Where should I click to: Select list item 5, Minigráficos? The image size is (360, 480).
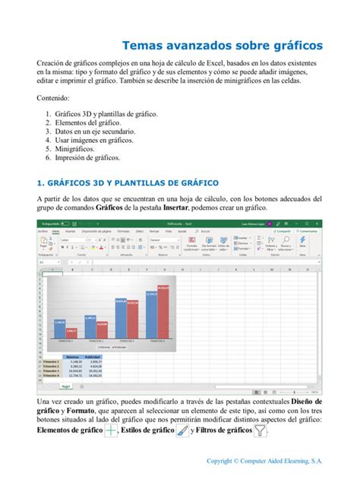pyautogui.click(x=81, y=149)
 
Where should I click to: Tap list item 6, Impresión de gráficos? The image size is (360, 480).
pyautogui.click(x=87, y=158)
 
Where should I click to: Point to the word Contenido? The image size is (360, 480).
pyautogui.click(x=53, y=99)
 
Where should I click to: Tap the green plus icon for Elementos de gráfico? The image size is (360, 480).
pyautogui.click(x=111, y=431)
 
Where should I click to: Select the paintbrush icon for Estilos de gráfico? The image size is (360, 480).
pyautogui.click(x=182, y=431)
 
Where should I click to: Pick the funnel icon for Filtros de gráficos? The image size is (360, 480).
pyautogui.click(x=261, y=431)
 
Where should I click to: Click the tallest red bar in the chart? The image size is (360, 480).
pyautogui.click(x=164, y=311)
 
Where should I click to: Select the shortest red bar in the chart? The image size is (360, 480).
pyautogui.click(x=71, y=331)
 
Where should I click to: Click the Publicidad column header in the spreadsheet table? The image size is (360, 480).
pyautogui.click(x=93, y=355)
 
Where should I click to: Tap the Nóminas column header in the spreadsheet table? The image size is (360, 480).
pyautogui.click(x=74, y=355)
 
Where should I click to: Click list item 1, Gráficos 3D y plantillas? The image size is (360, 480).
pyautogui.click(x=106, y=113)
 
